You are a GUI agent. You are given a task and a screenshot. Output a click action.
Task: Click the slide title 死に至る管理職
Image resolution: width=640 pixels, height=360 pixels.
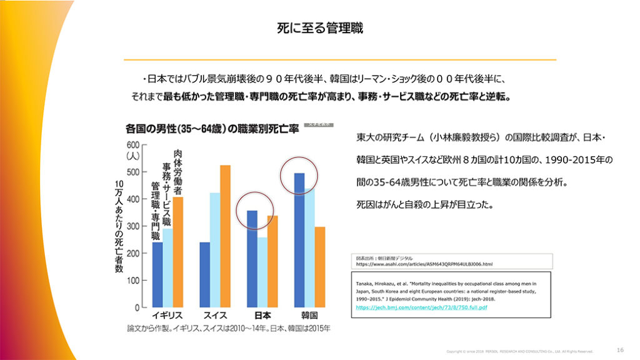[x=320, y=28]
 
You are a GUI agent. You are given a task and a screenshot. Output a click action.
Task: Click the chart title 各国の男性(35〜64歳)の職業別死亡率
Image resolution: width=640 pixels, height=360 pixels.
[x=212, y=129]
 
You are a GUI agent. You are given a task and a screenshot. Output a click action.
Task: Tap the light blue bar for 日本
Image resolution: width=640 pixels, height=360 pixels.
[x=262, y=272]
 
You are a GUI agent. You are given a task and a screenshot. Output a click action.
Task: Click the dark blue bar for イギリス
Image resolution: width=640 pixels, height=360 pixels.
[x=157, y=275]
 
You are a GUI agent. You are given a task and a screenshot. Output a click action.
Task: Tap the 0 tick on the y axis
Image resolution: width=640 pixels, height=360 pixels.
[x=136, y=308]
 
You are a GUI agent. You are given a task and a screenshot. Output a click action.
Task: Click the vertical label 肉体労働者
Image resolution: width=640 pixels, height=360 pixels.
[x=178, y=172]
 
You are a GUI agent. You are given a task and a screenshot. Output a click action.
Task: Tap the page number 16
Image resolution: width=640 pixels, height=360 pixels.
[x=620, y=349]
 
